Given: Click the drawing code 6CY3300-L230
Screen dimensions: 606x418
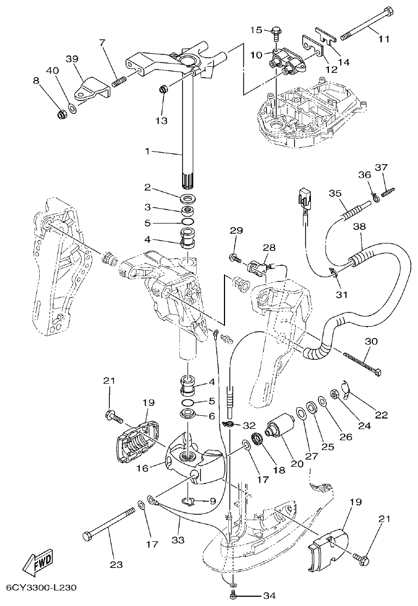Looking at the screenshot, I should point(41,588).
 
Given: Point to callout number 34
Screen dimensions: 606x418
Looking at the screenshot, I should point(269,596).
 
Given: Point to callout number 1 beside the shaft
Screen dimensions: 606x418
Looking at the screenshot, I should point(146,152).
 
